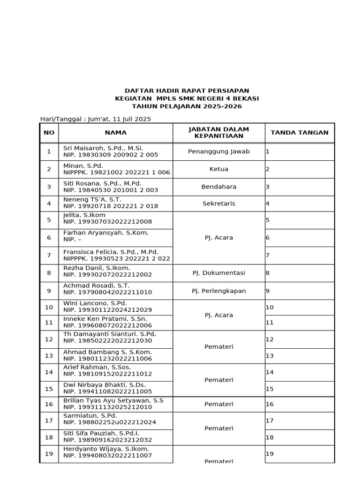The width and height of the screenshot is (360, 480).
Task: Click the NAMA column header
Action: pos(115,133)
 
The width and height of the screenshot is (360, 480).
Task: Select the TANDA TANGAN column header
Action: pos(300,133)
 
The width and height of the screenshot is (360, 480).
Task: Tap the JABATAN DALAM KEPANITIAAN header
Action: pos(218,133)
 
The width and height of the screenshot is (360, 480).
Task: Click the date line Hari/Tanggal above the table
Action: pos(96,119)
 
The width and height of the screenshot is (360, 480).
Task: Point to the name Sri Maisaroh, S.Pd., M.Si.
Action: pos(103,148)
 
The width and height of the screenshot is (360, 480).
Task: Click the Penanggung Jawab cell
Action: pos(218,151)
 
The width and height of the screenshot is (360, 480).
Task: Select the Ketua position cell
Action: pos(218,169)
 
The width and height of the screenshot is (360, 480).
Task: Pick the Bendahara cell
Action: pos(218,187)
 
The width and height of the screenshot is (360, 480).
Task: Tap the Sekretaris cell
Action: pos(218,203)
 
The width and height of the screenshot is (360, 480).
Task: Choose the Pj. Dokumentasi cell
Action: pos(218,273)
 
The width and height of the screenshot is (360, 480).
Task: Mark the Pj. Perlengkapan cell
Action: pos(218,291)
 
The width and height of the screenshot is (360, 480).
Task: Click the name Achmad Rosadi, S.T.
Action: pos(96,285)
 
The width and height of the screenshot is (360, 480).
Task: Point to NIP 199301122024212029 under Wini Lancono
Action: pos(107,310)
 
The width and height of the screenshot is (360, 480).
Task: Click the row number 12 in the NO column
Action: pos(49,339)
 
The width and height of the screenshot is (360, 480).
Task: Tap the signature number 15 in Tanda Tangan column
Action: pos(270,389)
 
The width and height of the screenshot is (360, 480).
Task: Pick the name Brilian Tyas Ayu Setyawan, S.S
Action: pos(113,401)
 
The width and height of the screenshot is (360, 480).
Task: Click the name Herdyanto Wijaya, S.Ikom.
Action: pos(106,449)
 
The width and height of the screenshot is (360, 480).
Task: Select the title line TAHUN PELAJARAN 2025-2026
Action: pos(187,106)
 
